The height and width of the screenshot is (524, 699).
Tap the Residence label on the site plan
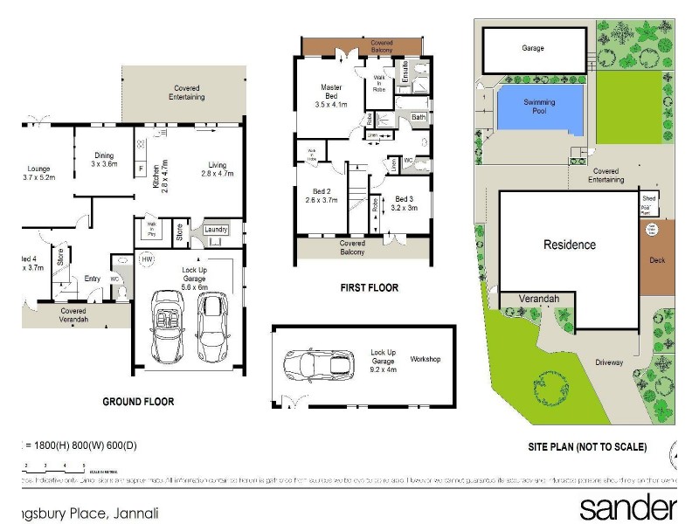pos(569,245)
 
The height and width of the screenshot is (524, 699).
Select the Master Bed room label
pos(330,94)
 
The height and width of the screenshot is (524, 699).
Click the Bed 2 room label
pos(321,195)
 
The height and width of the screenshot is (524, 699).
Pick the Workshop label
pos(426,359)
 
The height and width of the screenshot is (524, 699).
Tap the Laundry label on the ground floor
pos(216,230)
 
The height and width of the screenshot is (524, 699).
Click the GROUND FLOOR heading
pos(138,403)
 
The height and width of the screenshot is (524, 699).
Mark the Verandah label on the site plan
pos(538,297)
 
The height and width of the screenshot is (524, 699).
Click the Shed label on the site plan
pos(649,199)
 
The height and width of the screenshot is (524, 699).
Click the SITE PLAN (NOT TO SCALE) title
pos(587,447)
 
